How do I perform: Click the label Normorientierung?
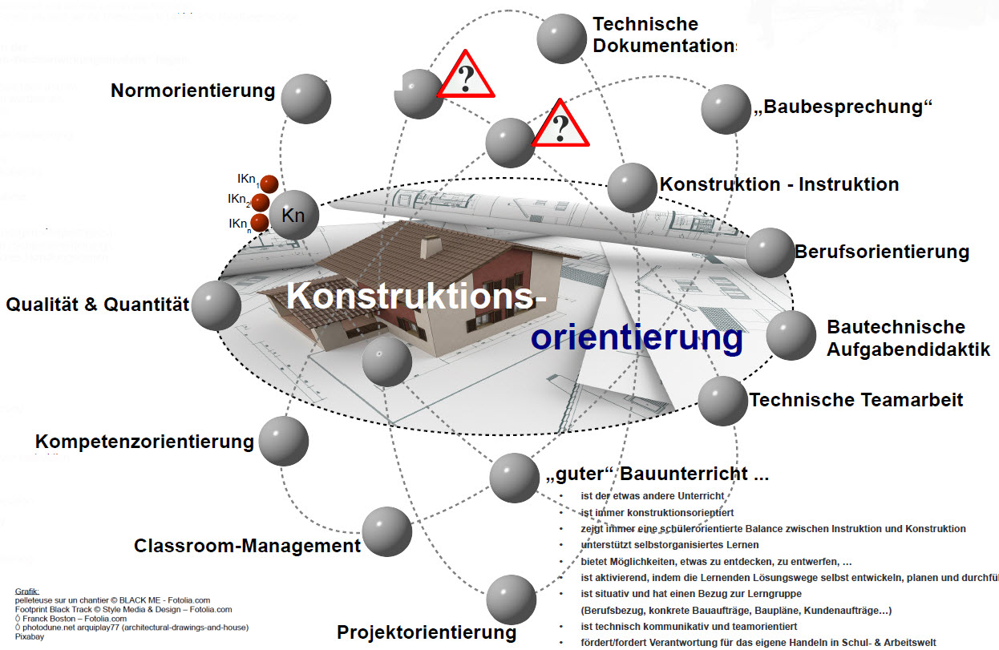tap(192, 91)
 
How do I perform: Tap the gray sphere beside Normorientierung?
tap(306, 99)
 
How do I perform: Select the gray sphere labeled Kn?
tap(293, 215)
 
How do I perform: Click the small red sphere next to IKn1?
tap(269, 184)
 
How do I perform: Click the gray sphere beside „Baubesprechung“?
tap(726, 109)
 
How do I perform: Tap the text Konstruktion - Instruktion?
tap(779, 184)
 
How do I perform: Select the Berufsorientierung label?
tap(882, 252)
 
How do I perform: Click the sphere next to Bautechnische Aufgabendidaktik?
tap(791, 335)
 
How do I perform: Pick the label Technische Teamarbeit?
tap(856, 399)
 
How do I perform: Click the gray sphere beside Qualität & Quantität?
tap(216, 305)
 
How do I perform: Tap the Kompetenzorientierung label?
tap(144, 442)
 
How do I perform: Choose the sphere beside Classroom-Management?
tap(386, 531)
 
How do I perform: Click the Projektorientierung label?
tap(427, 632)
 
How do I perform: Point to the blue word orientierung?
tap(637, 338)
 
